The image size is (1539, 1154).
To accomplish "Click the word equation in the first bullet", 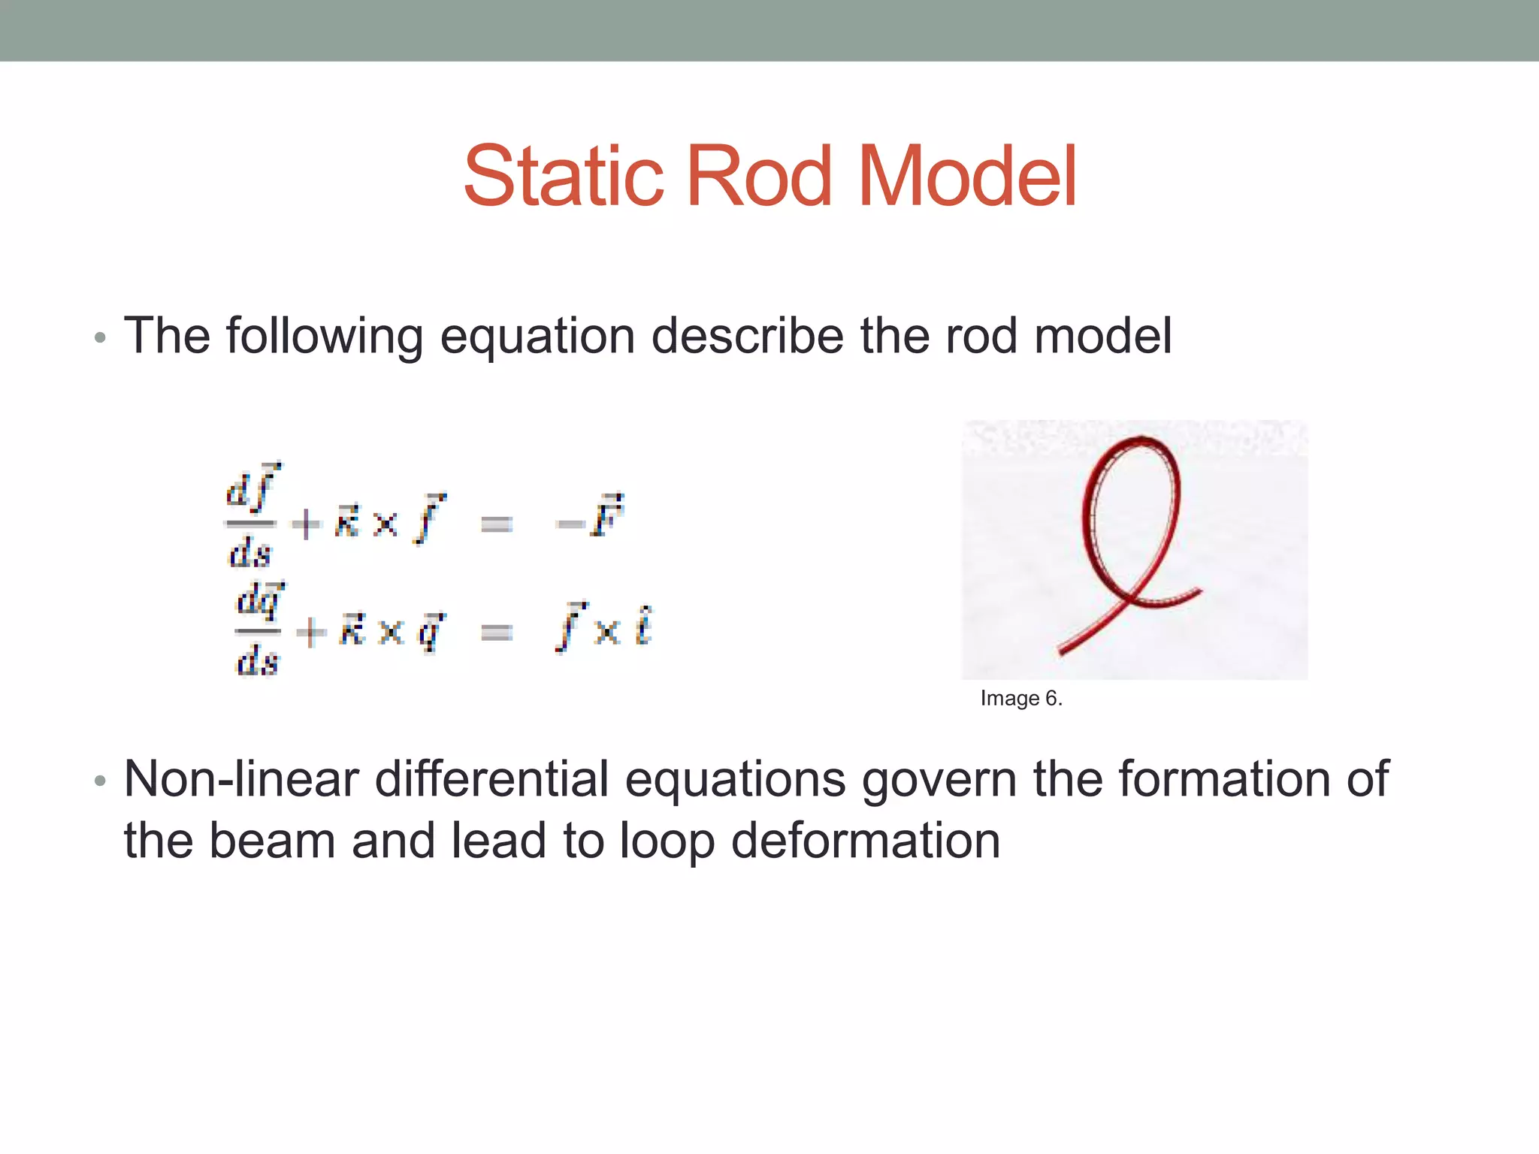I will pos(537,336).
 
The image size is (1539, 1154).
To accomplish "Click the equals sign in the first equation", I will pos(497,524).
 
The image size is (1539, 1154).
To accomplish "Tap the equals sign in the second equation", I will pos(497,633).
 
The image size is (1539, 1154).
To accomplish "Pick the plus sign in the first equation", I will pos(307,524).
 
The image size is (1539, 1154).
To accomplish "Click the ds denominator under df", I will pos(249,554).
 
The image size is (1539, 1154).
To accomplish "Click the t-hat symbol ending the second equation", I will pos(643,627).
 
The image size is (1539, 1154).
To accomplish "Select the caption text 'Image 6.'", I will pos(1021,698).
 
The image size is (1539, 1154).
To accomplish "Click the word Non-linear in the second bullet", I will pos(240,779).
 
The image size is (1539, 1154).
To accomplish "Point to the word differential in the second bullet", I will pos(491,779).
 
